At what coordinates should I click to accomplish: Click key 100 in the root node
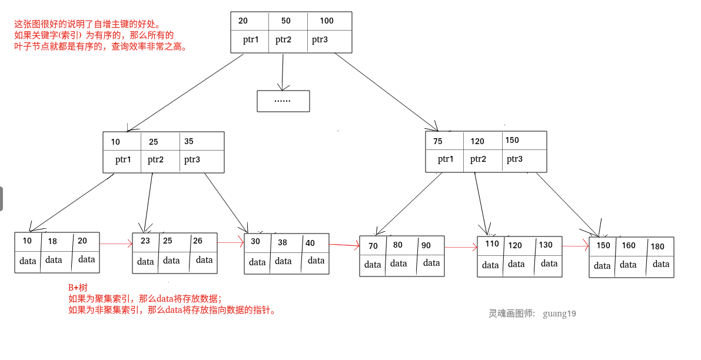click(327, 21)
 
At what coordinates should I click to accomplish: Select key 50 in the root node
click(286, 21)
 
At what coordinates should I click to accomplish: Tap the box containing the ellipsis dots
click(283, 101)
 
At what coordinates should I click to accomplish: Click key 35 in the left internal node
click(189, 141)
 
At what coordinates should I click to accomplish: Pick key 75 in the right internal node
click(438, 141)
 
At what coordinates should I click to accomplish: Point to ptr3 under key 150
click(514, 159)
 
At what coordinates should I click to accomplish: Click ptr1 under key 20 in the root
click(251, 40)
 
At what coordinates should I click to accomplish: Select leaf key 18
click(52, 241)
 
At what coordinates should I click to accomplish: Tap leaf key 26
click(198, 241)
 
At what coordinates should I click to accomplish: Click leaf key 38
click(283, 242)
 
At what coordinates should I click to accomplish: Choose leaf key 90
click(426, 245)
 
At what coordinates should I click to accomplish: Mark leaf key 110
click(492, 244)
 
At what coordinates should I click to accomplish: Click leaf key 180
click(657, 246)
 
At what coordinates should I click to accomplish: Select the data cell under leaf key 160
click(628, 265)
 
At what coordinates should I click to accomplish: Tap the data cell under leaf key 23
click(145, 261)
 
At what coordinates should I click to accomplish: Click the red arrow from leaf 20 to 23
click(116, 243)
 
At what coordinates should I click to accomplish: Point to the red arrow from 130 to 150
click(576, 246)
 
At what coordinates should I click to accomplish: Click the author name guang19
click(559, 314)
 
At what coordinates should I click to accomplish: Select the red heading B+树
click(78, 288)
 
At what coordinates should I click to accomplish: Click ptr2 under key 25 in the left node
click(156, 159)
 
